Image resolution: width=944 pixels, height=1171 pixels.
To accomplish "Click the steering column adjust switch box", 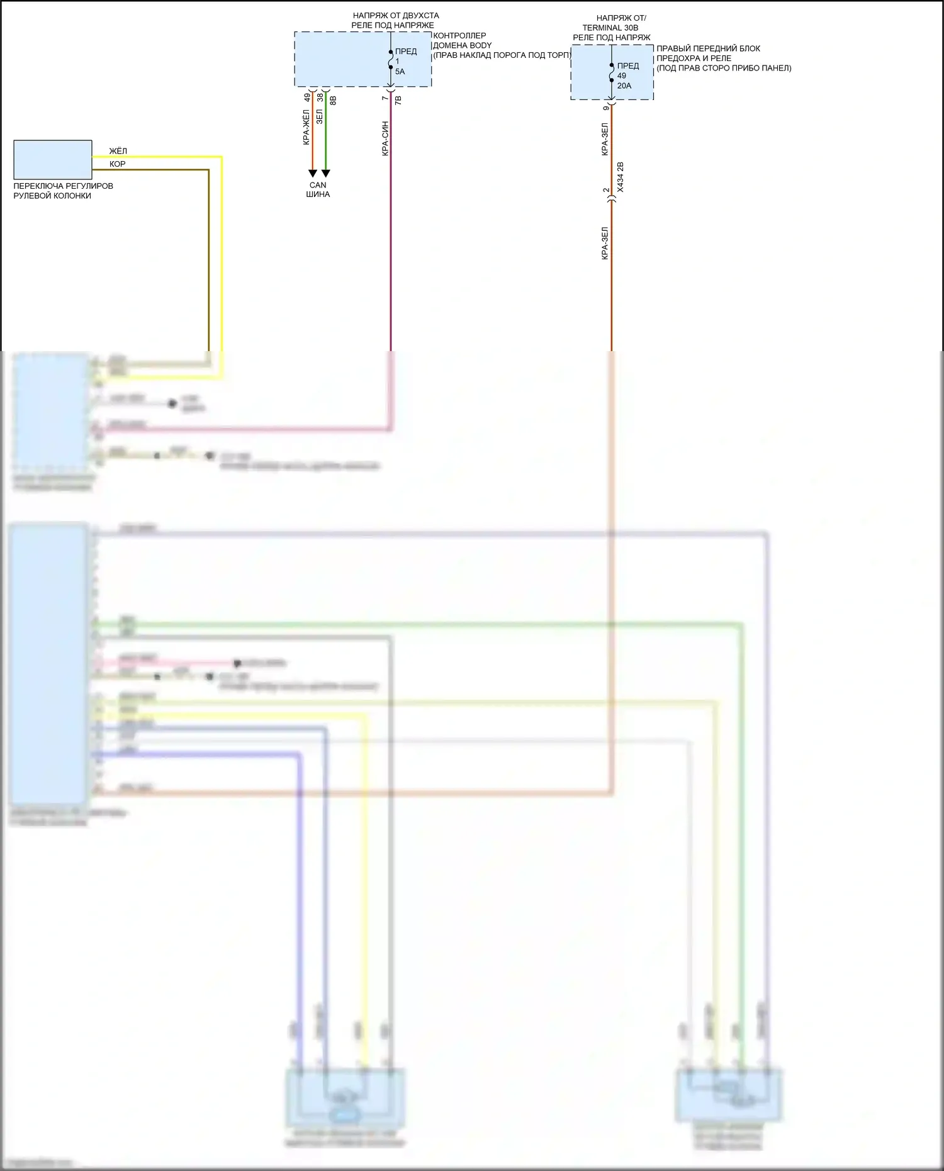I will [53, 160].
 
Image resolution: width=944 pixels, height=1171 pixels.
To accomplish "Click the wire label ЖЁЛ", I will [118, 151].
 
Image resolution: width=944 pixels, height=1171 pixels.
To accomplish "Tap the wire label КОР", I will [118, 164].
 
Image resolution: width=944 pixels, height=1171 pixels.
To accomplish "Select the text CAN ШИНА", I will [318, 189].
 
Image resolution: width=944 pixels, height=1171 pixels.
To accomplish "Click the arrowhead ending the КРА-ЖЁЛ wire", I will [313, 174].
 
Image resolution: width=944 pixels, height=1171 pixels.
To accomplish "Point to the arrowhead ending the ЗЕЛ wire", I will [326, 174].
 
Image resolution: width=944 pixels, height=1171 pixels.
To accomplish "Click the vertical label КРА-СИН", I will [385, 138].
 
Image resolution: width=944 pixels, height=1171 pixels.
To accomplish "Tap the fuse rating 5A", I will [400, 72].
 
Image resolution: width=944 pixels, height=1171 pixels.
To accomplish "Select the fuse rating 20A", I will [624, 86].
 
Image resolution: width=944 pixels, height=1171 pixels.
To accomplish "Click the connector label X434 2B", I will [621, 177].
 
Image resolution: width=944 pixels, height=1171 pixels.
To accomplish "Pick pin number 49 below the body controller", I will [307, 98].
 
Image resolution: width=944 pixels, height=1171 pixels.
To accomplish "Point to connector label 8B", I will [334, 100].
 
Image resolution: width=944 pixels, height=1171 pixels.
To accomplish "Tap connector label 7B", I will [398, 99].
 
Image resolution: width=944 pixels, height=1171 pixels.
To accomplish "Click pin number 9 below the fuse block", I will [606, 108].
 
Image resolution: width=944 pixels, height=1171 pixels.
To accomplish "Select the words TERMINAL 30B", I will [610, 28].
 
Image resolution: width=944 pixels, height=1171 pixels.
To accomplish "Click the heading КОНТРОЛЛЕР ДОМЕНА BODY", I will [462, 40].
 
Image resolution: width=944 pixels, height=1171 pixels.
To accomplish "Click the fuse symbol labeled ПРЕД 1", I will [391, 61].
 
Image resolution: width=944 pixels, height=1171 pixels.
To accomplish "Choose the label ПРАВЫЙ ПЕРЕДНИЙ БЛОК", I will [708, 48].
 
